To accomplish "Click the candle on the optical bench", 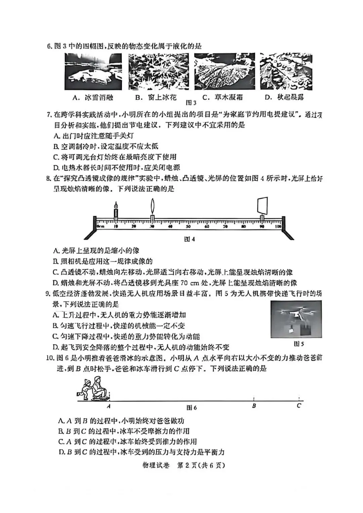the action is coord(116,212).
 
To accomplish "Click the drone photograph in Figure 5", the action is coord(296,319).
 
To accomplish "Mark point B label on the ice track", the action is coord(254,406).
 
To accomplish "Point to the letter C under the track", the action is coord(299,405).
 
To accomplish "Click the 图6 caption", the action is coord(192,408).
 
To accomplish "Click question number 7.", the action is coord(49,115).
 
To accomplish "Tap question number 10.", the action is coord(50,357).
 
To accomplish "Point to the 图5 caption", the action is coord(298,344).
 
